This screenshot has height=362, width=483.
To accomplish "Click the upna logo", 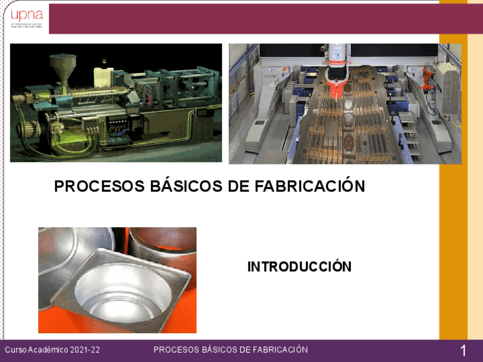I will tap(26, 18).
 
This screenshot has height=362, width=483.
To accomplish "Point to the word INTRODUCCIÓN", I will tap(299, 266).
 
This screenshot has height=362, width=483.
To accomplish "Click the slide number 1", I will tap(463, 351).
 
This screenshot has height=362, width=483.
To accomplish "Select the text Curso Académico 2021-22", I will tap(52, 349).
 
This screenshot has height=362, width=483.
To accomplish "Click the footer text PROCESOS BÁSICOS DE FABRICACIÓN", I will tap(231, 349).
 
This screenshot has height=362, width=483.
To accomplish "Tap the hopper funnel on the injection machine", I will tap(63, 63).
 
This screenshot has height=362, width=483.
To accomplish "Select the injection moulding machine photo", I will tap(116, 103).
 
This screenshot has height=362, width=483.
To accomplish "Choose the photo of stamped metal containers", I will tap(117, 280).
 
